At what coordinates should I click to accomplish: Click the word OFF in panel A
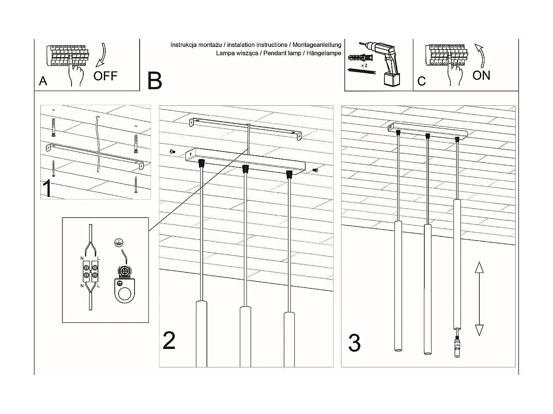(105, 76)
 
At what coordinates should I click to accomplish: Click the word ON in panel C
(481, 75)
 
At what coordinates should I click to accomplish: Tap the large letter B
(155, 81)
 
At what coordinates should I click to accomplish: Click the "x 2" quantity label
(364, 66)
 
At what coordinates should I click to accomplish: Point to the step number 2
(169, 341)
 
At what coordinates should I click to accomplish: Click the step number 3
(355, 343)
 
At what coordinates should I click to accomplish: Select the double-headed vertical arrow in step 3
(479, 299)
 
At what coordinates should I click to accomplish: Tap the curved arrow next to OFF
(101, 55)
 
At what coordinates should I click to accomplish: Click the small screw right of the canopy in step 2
(316, 170)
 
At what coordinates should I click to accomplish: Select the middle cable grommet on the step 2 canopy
(245, 168)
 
